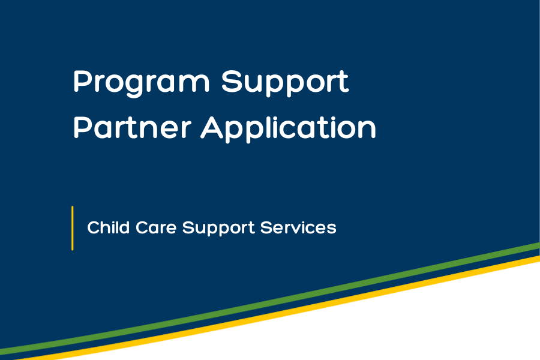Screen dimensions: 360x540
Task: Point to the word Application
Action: click(x=289, y=127)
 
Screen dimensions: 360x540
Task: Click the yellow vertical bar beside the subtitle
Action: click(x=73, y=228)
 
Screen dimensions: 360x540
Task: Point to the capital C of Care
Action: click(x=140, y=228)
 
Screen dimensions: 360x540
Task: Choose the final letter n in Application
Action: click(x=368, y=130)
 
